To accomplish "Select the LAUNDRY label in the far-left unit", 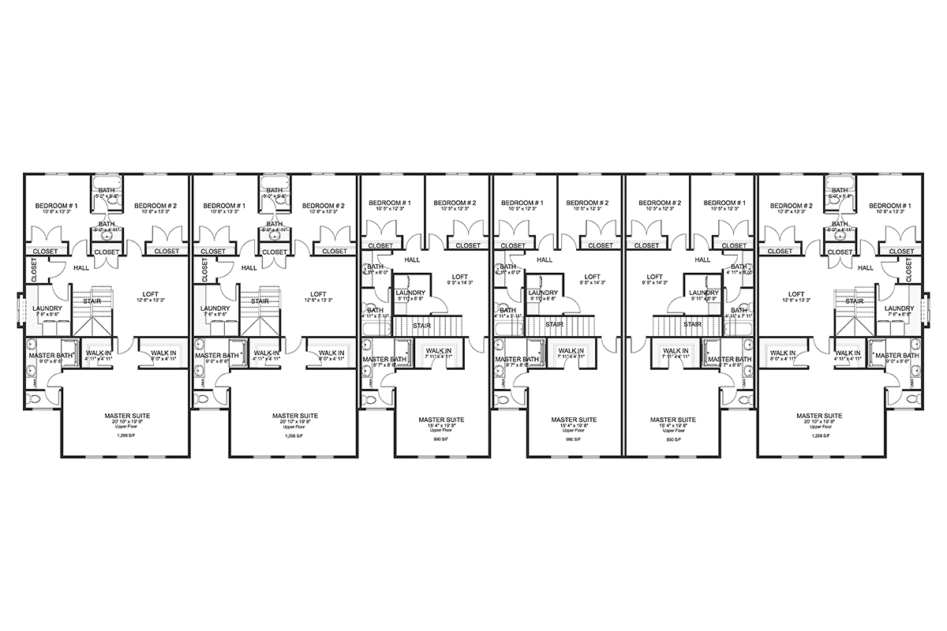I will [47, 308].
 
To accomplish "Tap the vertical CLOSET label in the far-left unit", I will [34, 270].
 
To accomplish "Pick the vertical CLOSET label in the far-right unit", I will [913, 270].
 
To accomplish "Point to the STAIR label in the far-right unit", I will [854, 301].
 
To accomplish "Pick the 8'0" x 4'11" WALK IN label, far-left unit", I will [163, 353].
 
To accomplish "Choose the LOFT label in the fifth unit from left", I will [653, 277].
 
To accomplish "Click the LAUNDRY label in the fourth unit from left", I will [543, 292].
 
